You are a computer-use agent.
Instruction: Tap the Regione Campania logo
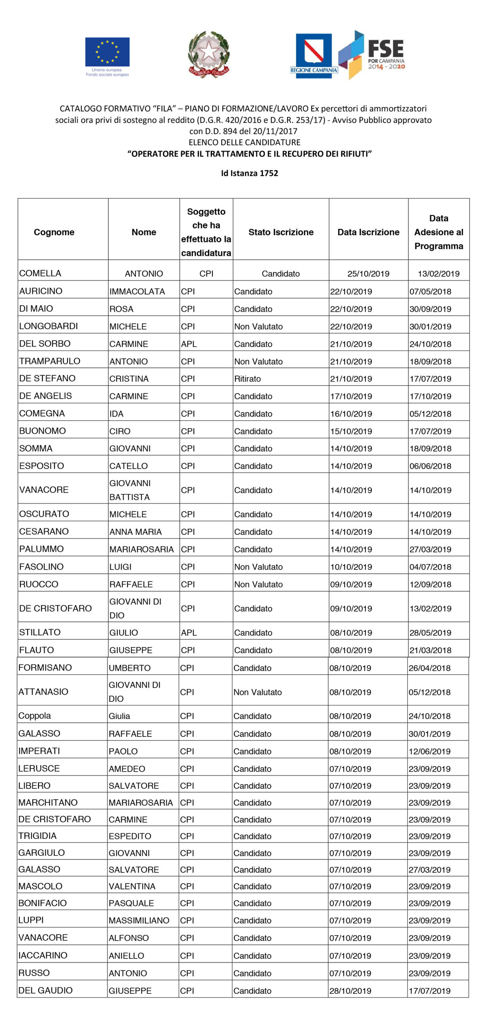314,55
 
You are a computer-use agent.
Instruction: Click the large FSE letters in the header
385,49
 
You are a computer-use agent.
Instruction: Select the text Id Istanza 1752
249,173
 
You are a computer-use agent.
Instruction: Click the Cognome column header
54,232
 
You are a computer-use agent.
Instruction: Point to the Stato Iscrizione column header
281,232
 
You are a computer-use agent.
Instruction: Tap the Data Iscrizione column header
368,232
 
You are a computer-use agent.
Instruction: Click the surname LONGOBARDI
49,326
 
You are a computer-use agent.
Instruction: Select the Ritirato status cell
248,379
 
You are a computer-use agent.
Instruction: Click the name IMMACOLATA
137,292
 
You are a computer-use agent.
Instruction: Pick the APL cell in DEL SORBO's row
189,344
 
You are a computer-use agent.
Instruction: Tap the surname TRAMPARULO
50,361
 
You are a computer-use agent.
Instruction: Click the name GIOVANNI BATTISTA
130,490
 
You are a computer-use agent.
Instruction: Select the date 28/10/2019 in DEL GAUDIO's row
350,991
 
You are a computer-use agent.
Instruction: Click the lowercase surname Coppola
34,716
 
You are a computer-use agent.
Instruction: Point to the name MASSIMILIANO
139,920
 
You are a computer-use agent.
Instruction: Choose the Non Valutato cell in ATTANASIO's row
257,692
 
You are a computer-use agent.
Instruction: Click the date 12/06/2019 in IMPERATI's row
429,751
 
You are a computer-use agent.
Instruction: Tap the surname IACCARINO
43,955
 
